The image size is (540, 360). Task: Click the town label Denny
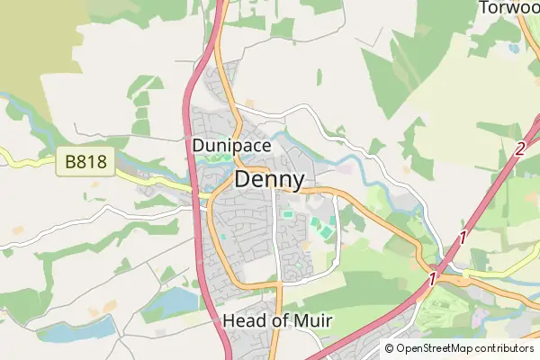[268, 180]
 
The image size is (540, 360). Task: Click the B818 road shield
[86, 164]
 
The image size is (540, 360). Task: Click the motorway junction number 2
[519, 149]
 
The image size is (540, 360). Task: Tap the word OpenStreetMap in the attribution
[436, 348]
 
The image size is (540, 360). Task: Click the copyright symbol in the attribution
[389, 348]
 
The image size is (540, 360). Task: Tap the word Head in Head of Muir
[239, 321]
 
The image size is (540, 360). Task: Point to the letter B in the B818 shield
[70, 164]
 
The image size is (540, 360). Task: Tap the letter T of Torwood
[484, 7]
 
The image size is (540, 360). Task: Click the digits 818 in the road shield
[92, 164]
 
